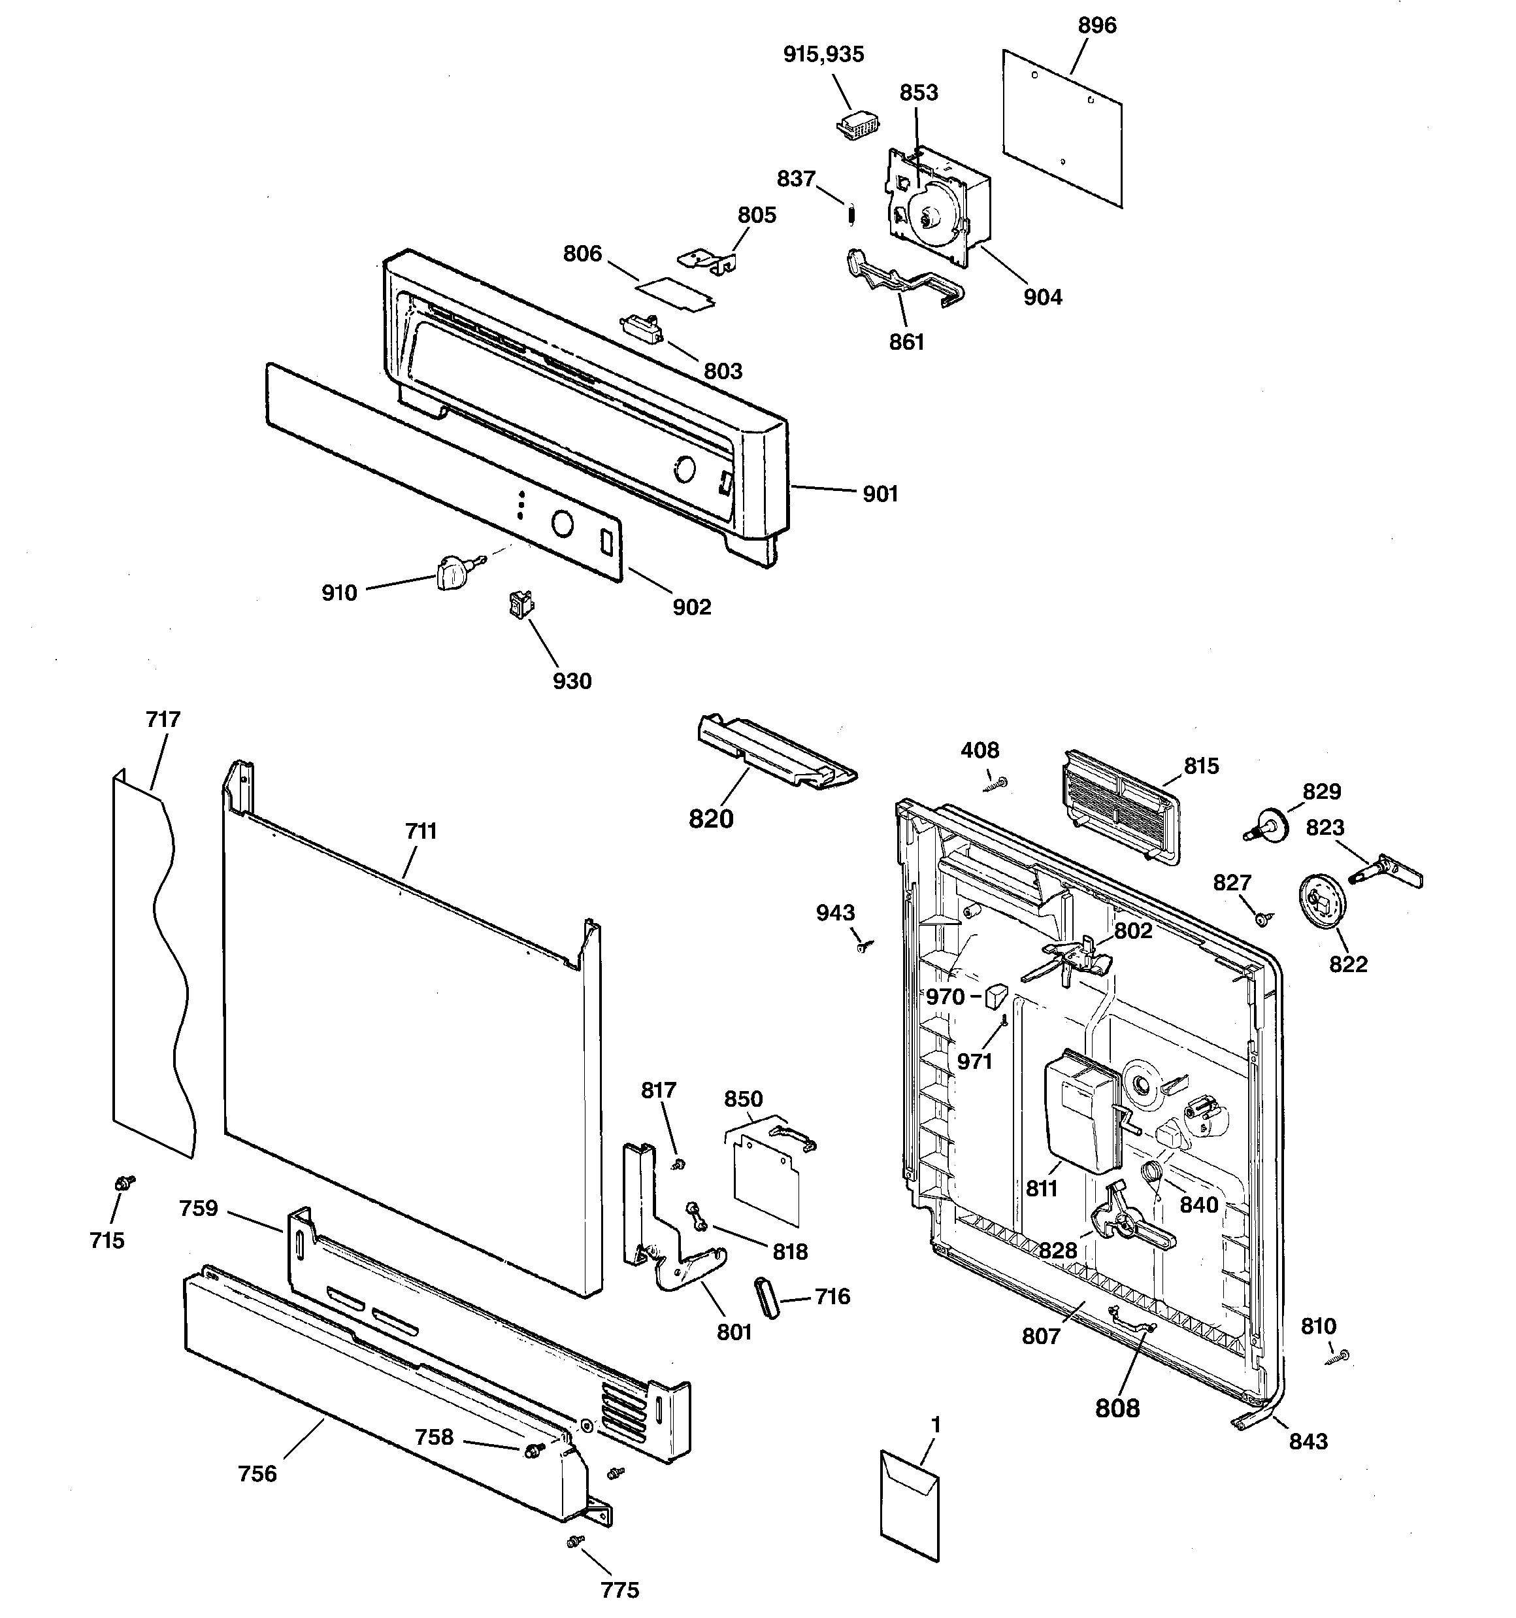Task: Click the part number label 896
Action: coord(1097,26)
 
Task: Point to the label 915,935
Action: coord(823,54)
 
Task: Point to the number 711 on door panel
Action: coord(421,831)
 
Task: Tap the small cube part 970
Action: coord(996,996)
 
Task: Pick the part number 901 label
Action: coord(880,494)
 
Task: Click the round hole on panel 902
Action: coord(561,522)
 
